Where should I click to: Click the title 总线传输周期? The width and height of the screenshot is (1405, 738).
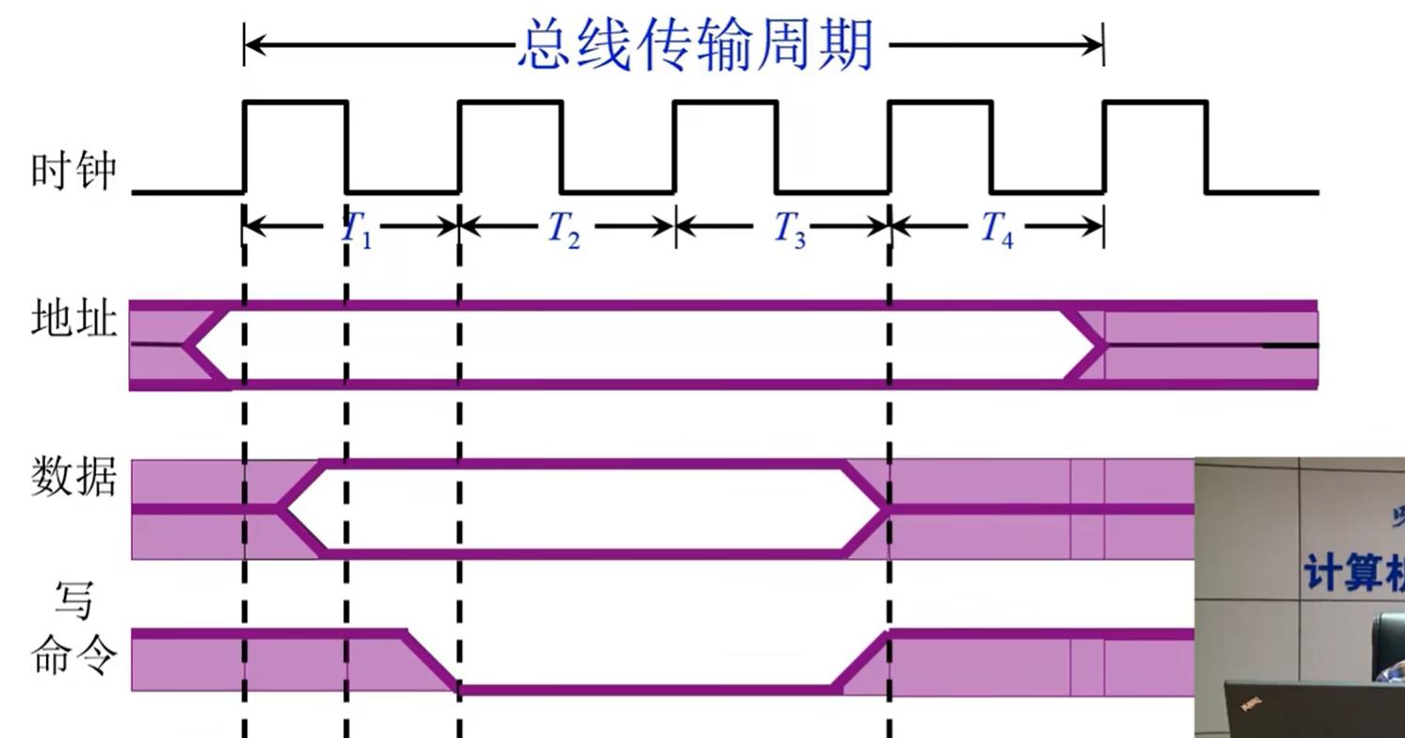click(x=695, y=44)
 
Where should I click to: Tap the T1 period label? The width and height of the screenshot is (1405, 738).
click(x=356, y=229)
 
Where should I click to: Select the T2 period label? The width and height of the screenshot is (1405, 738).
click(x=564, y=229)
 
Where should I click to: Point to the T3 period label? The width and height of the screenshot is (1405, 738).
click(x=790, y=229)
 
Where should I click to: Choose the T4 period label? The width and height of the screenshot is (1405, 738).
click(x=997, y=229)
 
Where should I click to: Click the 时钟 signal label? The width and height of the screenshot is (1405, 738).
click(x=74, y=172)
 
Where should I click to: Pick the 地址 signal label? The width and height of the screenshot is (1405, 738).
click(x=74, y=320)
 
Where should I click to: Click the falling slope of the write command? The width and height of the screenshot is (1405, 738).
click(x=432, y=662)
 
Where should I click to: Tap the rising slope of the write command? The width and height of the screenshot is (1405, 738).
click(x=863, y=662)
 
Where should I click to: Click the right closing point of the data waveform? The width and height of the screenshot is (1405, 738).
click(x=886, y=509)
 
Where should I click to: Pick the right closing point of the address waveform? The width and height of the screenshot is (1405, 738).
click(x=1103, y=345)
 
